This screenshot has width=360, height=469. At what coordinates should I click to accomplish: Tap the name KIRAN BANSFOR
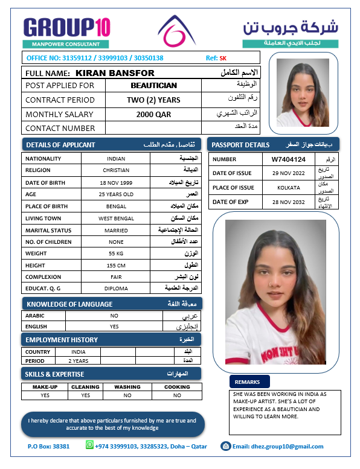115,73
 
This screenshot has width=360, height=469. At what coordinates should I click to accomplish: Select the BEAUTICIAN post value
153,86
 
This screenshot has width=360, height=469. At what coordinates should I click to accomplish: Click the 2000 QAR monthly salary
153,114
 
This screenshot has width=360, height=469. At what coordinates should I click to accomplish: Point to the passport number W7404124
288,159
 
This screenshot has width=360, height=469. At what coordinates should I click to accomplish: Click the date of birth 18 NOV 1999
116,182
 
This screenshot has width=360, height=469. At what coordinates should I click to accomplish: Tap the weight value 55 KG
116,254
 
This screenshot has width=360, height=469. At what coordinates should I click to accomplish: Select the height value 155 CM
116,266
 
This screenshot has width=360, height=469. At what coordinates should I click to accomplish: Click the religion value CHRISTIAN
116,170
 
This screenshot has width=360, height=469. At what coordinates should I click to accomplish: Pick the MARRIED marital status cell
116,230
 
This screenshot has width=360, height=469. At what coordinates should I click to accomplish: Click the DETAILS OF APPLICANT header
60,145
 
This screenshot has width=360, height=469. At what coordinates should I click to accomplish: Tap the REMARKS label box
248,382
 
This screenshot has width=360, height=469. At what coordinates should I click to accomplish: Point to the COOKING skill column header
177,387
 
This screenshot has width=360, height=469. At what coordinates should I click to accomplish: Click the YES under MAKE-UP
45,395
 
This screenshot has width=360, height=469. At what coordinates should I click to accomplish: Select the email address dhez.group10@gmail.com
278,447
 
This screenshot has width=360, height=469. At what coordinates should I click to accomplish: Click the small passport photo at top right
303,92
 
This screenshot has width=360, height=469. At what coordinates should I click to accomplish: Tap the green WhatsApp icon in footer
90,445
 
